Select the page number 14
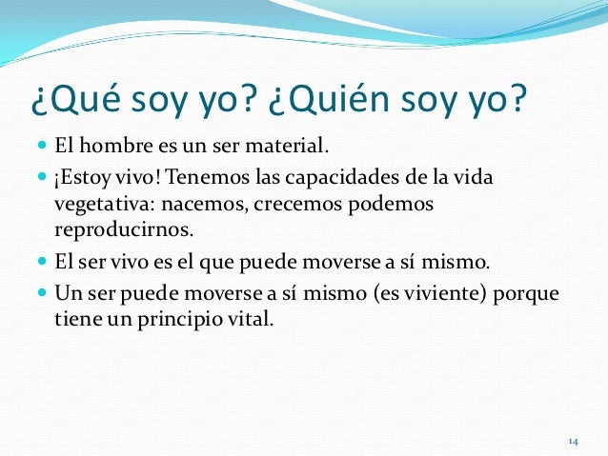tap(573, 442)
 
